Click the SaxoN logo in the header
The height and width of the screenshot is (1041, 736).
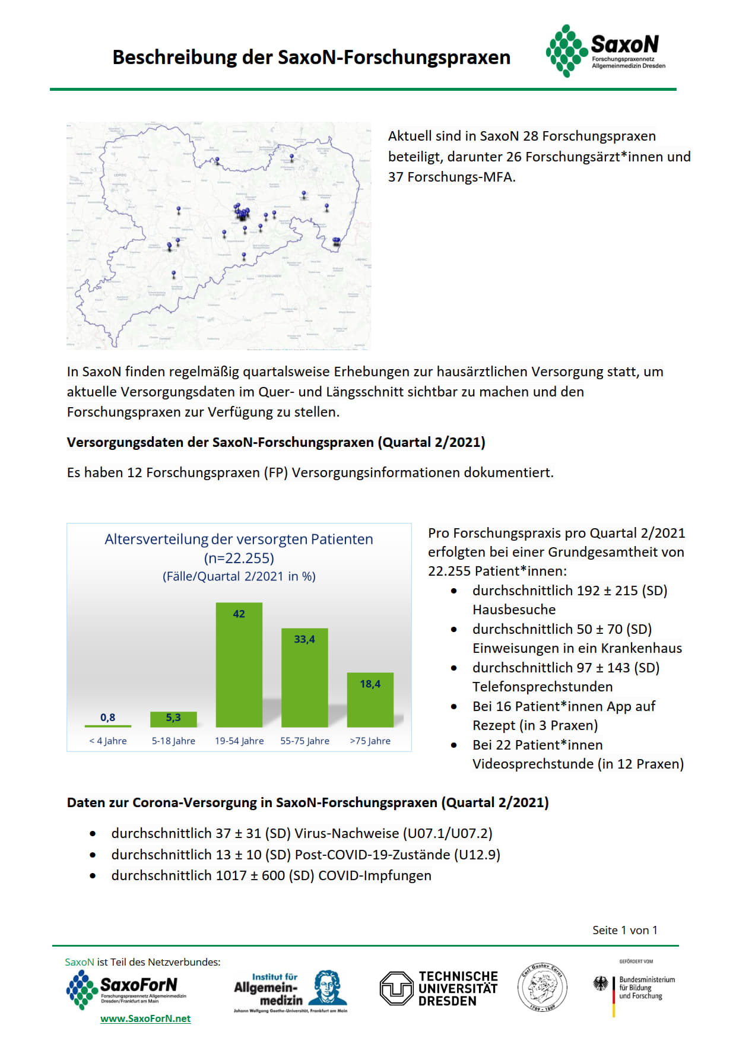click(x=605, y=50)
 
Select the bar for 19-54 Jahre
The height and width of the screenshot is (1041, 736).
click(x=239, y=665)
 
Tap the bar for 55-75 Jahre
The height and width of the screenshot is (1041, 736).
click(x=304, y=678)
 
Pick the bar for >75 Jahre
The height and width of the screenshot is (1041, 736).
click(x=370, y=700)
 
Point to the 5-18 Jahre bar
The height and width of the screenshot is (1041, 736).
click(x=173, y=719)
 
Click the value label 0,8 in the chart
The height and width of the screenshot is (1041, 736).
click(x=107, y=718)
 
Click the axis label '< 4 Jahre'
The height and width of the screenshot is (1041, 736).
click(x=108, y=741)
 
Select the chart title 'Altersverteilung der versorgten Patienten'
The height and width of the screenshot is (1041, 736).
click(x=239, y=539)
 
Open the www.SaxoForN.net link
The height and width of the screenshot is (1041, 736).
click(x=145, y=1018)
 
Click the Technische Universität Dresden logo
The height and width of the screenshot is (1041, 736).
click(x=439, y=988)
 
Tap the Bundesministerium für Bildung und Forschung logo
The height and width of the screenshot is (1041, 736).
click(x=634, y=988)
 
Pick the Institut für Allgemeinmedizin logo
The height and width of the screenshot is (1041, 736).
click(x=290, y=991)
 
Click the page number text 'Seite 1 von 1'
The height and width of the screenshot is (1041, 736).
click(x=624, y=930)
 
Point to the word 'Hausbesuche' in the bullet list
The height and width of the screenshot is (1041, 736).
click(x=514, y=610)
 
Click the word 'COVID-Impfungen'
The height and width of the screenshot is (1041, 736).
click(x=375, y=875)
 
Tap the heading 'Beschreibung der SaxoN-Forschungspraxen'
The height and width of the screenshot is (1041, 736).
click(x=311, y=57)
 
